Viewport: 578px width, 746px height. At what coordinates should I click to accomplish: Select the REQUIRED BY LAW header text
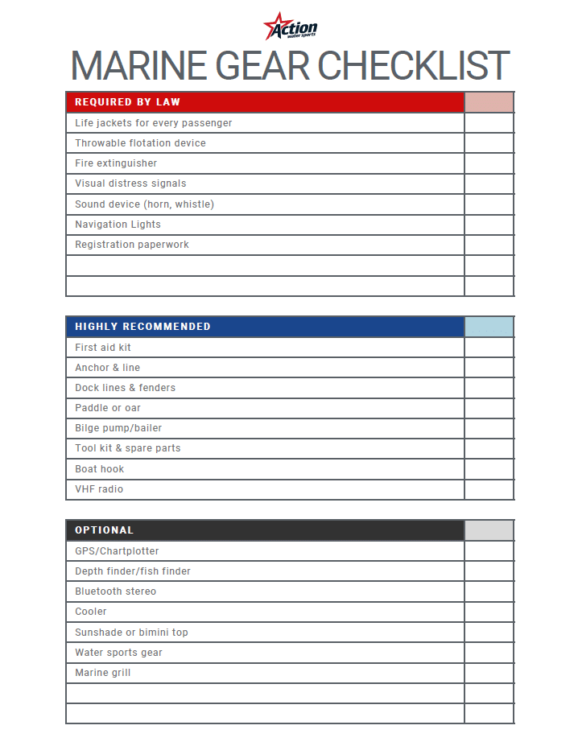tap(127, 102)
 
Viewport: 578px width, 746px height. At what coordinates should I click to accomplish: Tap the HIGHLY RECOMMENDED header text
tap(142, 327)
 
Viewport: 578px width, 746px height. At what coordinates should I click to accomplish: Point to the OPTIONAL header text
tap(105, 530)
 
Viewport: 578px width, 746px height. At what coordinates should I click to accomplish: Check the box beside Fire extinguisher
tap(489, 163)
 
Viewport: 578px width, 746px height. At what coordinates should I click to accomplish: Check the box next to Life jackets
tap(489, 123)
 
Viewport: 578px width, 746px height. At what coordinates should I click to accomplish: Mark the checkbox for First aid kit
tap(489, 348)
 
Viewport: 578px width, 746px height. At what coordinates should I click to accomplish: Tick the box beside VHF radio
tap(489, 489)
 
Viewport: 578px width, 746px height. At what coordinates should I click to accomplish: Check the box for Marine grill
tap(489, 673)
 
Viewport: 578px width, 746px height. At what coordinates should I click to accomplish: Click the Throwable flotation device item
tap(140, 143)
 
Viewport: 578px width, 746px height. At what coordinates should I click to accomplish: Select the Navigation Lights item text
tap(118, 225)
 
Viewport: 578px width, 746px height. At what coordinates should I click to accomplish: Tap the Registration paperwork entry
tap(132, 245)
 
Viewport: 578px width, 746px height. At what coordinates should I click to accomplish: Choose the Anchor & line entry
tap(107, 368)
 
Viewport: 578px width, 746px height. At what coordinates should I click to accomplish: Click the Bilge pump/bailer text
tap(118, 428)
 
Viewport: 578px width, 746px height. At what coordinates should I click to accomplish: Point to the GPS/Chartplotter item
tap(117, 551)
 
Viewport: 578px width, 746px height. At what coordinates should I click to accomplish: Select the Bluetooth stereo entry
tap(115, 591)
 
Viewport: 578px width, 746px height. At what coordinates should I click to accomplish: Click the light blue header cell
tap(489, 327)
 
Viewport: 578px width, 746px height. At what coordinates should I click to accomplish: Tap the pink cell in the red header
tap(489, 102)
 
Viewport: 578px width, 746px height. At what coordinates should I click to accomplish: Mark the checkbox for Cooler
tap(489, 612)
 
